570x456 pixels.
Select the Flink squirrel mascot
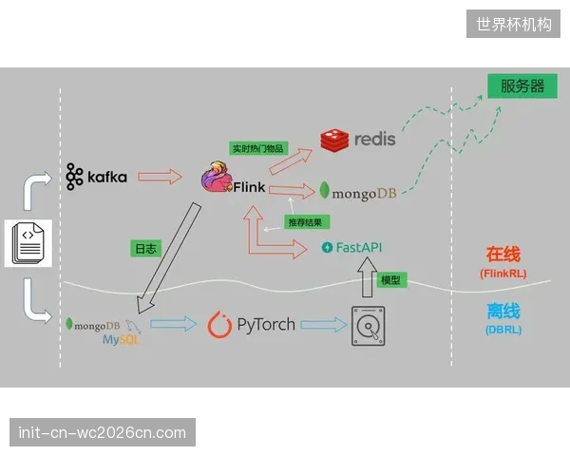[217, 177]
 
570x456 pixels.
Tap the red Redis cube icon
[334, 140]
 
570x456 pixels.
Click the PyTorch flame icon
[219, 324]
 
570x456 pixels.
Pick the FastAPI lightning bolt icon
[327, 247]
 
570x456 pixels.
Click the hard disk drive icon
[369, 326]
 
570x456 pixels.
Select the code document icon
[28, 243]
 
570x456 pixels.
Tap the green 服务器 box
[522, 86]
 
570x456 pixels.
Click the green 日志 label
[145, 249]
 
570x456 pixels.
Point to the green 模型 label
[391, 280]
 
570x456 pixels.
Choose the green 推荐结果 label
[307, 221]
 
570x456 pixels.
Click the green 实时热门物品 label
[258, 148]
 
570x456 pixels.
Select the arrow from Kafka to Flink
[160, 177]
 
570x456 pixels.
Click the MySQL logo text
[121, 340]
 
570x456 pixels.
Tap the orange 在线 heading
[503, 254]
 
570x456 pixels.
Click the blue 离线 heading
[503, 311]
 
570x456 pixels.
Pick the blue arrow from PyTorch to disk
[324, 324]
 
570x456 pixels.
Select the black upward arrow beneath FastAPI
[367, 277]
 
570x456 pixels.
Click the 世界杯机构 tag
[513, 24]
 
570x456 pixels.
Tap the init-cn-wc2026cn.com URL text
[103, 432]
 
